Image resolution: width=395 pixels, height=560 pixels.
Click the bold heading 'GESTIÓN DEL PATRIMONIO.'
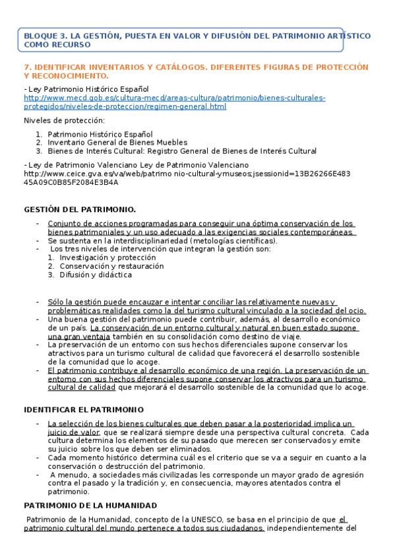pos(80,209)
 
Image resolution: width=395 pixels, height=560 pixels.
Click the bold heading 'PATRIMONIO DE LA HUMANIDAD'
pos(90,505)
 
